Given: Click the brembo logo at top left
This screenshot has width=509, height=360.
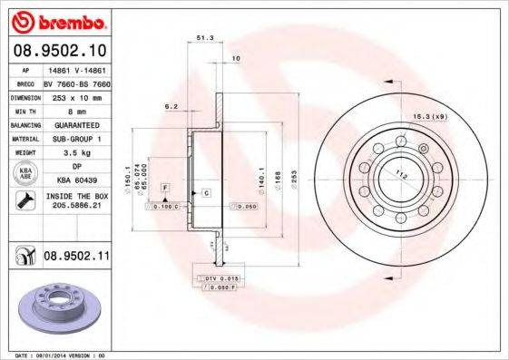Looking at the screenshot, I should (x=57, y=19).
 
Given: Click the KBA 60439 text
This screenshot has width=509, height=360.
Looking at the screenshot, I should (x=76, y=180).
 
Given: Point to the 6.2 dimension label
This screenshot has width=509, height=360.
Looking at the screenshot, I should (x=170, y=106).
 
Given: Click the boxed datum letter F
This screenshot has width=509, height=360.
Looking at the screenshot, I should (x=165, y=187).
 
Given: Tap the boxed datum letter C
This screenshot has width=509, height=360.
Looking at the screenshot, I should (x=206, y=194).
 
